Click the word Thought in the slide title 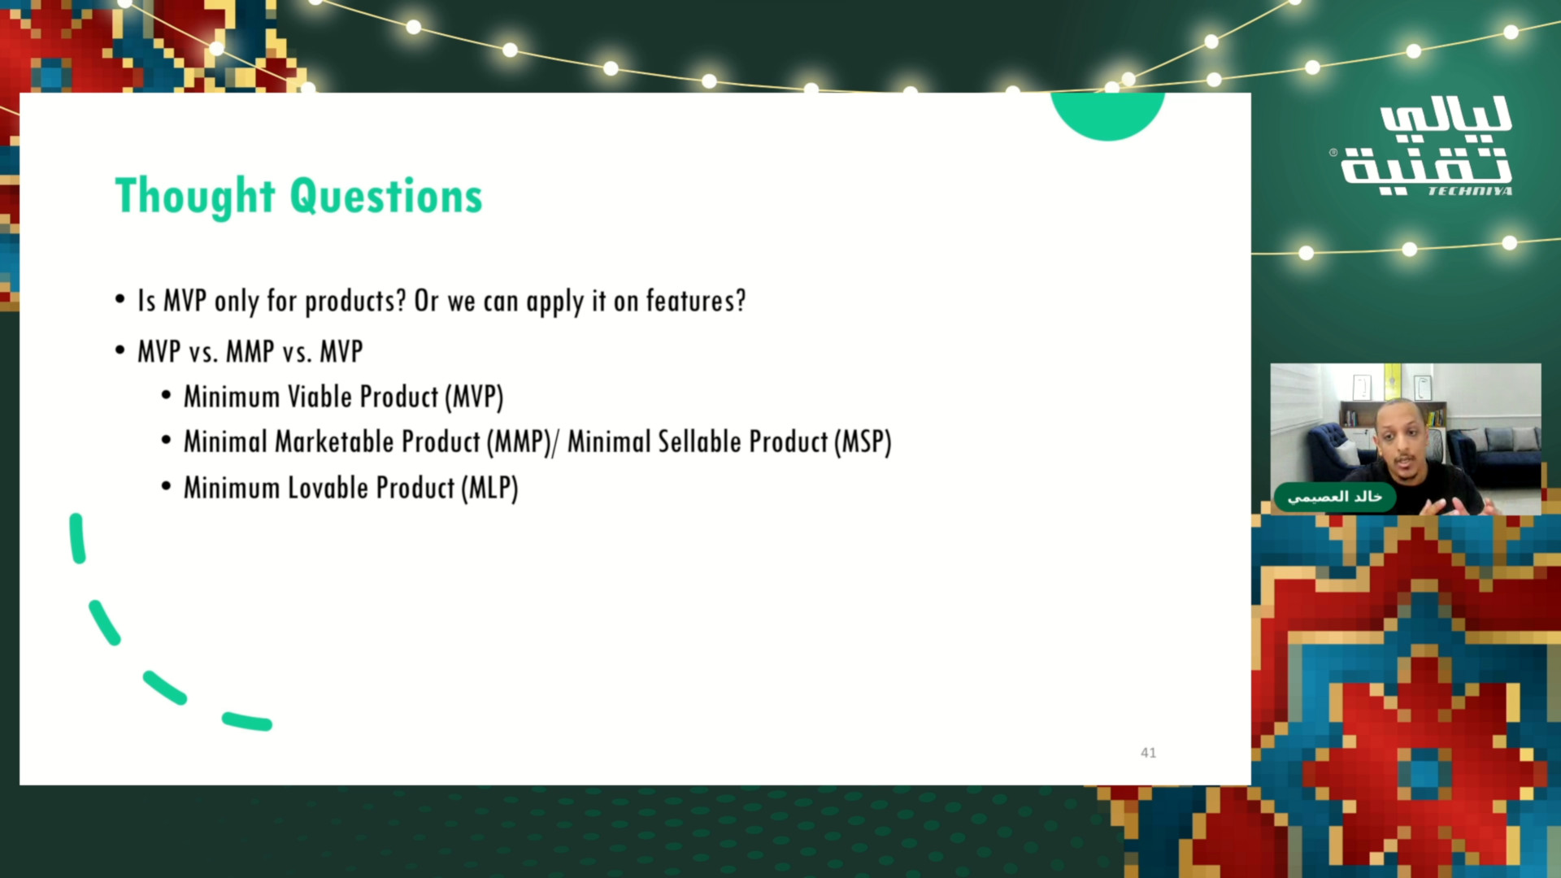click(195, 196)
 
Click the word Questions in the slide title click(386, 196)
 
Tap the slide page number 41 click(1148, 753)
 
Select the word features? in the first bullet click(696, 301)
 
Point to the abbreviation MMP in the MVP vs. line click(250, 352)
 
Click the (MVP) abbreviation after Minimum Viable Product click(474, 397)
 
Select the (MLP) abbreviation click(489, 488)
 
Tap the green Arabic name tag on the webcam click(1334, 497)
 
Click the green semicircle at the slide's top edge click(1107, 114)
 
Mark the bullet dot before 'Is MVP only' click(120, 300)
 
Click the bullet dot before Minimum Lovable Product click(167, 487)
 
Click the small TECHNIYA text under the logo click(1470, 191)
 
